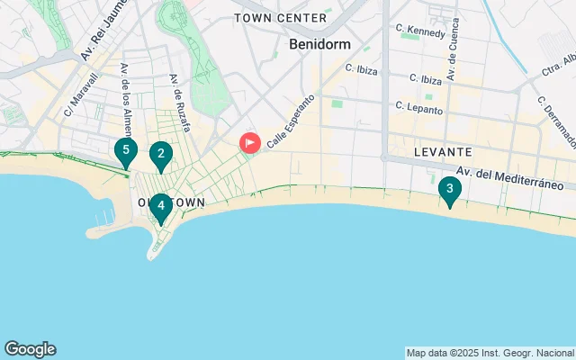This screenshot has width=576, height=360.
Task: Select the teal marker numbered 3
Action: click(x=449, y=190)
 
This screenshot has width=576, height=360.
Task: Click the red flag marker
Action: click(x=249, y=142)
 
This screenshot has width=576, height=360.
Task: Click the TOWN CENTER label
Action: click(x=280, y=18)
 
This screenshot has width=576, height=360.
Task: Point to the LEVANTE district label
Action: click(x=443, y=153)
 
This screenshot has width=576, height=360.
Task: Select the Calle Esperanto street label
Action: click(x=290, y=122)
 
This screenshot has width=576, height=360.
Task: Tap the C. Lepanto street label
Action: click(x=418, y=108)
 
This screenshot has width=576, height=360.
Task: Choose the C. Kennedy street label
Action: click(x=421, y=31)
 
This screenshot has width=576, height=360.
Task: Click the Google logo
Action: click(x=30, y=349)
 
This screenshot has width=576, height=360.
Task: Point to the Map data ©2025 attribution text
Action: click(x=489, y=353)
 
